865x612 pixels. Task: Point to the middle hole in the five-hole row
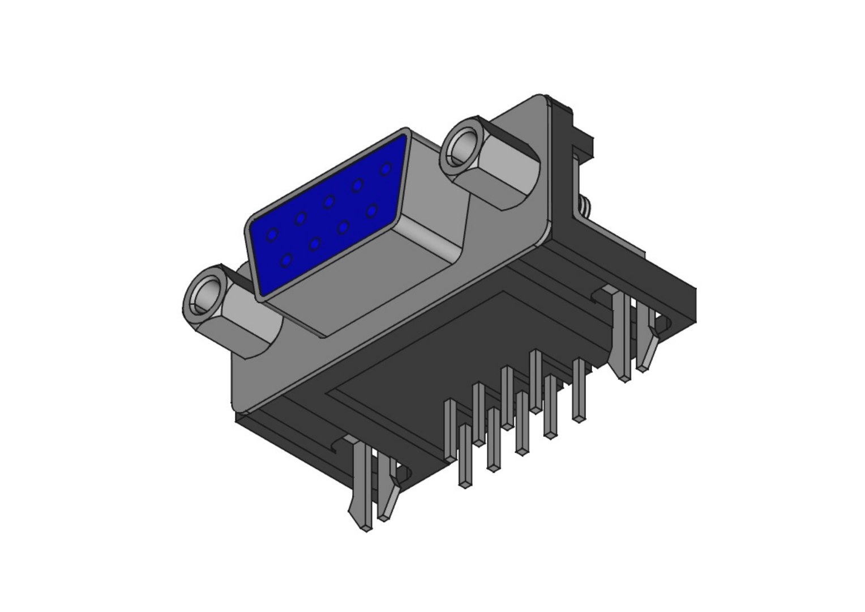(328, 201)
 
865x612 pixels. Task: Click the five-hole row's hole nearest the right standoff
(386, 169)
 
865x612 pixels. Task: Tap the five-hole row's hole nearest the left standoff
(273, 234)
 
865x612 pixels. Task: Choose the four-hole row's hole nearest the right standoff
(372, 211)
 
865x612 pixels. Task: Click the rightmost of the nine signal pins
(579, 391)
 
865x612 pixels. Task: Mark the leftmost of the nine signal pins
(451, 431)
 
